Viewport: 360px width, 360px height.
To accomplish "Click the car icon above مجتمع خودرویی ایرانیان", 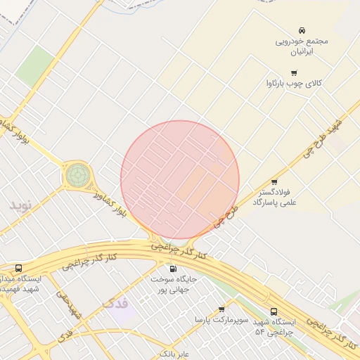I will click(x=302, y=30).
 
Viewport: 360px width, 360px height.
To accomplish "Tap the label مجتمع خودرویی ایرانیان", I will click(x=302, y=46).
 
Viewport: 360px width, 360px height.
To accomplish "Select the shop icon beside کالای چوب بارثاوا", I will click(x=294, y=73).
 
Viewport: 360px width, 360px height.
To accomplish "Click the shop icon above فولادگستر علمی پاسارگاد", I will click(x=274, y=181).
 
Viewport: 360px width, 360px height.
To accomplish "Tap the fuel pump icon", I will click(x=173, y=268).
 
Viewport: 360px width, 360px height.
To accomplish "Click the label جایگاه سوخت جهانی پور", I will click(x=174, y=284).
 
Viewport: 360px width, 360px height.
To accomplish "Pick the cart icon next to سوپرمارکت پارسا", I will click(x=221, y=309).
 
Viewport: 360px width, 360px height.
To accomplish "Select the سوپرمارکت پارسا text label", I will click(x=222, y=320).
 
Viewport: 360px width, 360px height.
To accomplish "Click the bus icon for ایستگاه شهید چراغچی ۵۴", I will click(x=274, y=311).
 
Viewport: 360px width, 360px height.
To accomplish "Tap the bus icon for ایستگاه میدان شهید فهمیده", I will click(x=18, y=268).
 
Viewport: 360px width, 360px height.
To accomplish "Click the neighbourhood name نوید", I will click(x=21, y=206).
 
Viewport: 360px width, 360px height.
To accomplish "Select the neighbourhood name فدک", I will click(x=115, y=304).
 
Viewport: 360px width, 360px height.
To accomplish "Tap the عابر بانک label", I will click(x=172, y=352).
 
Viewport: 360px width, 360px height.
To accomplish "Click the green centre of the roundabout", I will click(x=78, y=174).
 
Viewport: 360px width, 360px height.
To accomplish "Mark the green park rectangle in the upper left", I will click(x=35, y=65).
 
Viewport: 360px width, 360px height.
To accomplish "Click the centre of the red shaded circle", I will click(x=180, y=180).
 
